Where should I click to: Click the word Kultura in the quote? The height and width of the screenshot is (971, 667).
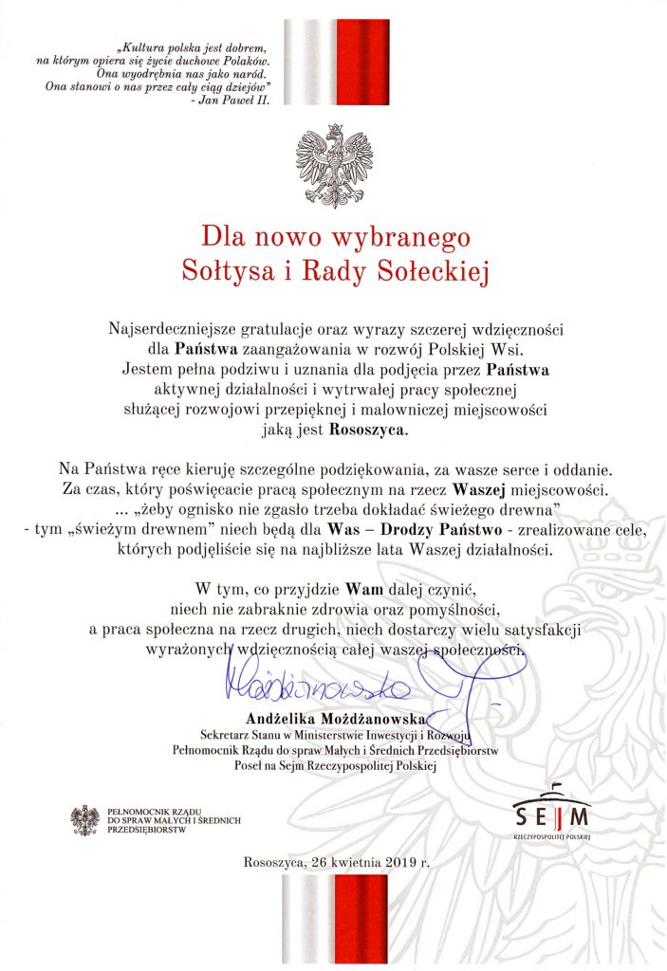[139, 46]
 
